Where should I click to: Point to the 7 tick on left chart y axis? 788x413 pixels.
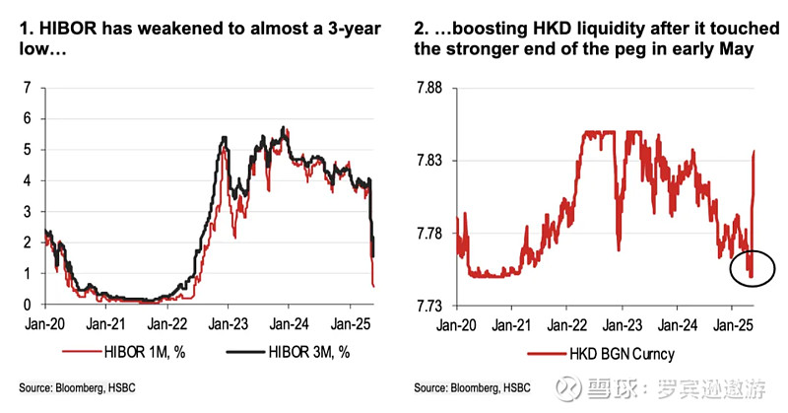(x=28, y=88)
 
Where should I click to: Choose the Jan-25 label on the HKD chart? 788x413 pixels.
(x=730, y=321)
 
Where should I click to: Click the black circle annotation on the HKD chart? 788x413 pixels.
(x=755, y=267)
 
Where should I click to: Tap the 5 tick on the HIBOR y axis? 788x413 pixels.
(x=28, y=150)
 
